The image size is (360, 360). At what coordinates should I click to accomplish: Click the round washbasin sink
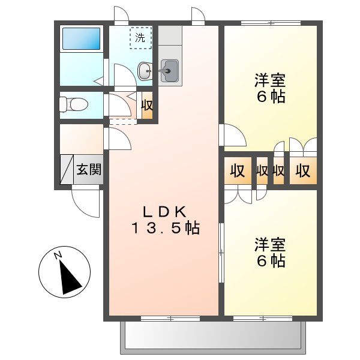pyautogui.click(x=145, y=71)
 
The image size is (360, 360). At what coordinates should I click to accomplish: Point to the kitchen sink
pyautogui.click(x=170, y=71)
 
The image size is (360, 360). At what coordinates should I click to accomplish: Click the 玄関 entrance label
pyautogui.click(x=88, y=170)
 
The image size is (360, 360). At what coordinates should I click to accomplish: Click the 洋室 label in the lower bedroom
pyautogui.click(x=269, y=245)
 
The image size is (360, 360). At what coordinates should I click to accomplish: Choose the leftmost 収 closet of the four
pyautogui.click(x=238, y=171)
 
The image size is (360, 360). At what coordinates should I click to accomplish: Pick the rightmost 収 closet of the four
pyautogui.click(x=302, y=171)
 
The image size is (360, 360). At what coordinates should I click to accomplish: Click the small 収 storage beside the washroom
pyautogui.click(x=147, y=106)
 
